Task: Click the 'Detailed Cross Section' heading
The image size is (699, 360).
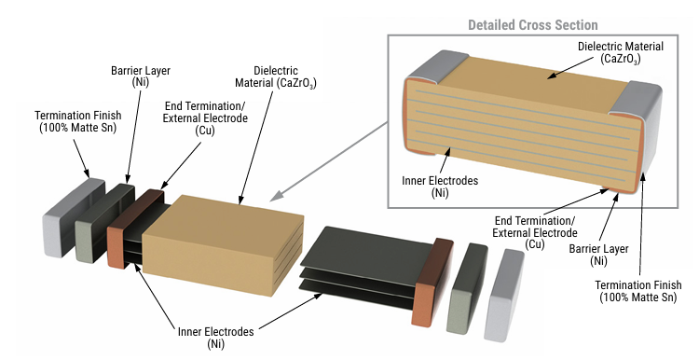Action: [x=533, y=25]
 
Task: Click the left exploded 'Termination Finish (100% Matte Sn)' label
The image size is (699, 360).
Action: [x=78, y=121]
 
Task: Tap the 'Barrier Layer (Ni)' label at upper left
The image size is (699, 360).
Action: [x=141, y=76]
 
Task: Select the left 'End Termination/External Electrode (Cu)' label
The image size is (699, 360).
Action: [x=205, y=118]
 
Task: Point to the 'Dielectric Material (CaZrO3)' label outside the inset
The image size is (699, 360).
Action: [x=276, y=76]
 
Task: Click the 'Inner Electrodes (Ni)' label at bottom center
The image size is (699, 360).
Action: [x=216, y=338]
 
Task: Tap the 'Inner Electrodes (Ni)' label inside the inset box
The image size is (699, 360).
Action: [x=440, y=187]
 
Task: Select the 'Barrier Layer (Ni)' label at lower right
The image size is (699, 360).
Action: [x=598, y=255]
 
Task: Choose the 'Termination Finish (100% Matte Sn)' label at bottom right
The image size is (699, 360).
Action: [x=638, y=291]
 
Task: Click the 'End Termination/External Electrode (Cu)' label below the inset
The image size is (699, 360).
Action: [x=535, y=233]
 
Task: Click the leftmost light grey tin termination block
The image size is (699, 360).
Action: [x=74, y=217]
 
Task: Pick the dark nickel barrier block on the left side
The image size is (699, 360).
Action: [x=104, y=223]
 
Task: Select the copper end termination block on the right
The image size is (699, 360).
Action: [x=432, y=282]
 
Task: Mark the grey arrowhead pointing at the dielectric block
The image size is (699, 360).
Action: [x=277, y=195]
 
